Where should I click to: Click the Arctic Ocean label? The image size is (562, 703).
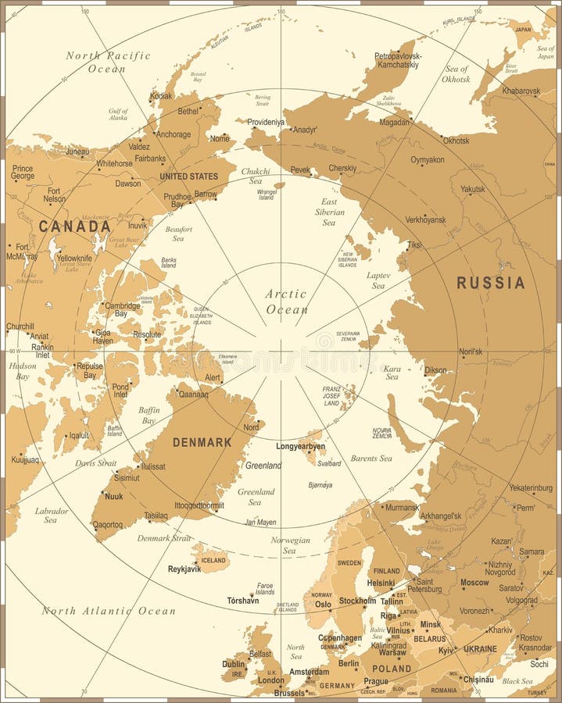[x=286, y=302]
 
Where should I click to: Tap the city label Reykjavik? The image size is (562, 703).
[x=184, y=569]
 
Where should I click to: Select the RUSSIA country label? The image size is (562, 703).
[x=490, y=283]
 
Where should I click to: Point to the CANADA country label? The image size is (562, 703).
[x=75, y=227]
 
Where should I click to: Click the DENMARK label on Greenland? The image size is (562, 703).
[x=202, y=442]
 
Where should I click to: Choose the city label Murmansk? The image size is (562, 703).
[x=402, y=507]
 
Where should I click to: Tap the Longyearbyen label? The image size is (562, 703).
[x=300, y=446]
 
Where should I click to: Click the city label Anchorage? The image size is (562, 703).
[x=173, y=134]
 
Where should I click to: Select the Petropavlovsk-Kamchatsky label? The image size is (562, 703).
[x=398, y=61]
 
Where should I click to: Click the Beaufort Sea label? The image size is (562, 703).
[x=178, y=234]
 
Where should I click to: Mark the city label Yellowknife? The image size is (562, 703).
[x=74, y=257]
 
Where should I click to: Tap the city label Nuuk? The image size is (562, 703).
[x=113, y=496]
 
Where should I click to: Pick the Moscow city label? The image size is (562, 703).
[x=474, y=582]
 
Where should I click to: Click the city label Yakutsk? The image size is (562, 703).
[x=472, y=189]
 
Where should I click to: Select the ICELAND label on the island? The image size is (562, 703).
[x=213, y=559]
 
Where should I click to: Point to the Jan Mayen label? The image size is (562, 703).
[x=260, y=522]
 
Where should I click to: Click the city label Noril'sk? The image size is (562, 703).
[x=470, y=351]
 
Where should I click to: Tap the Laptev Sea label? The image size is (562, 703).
[x=378, y=280]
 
